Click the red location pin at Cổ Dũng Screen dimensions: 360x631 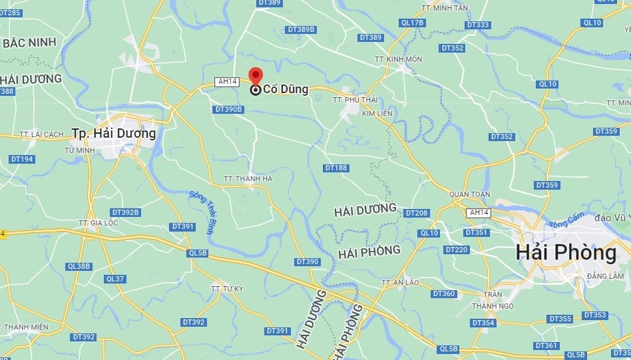click(256, 75)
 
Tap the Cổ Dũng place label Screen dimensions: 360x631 click(286, 89)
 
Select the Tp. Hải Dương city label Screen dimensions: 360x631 click(114, 133)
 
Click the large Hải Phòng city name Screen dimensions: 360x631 click(566, 253)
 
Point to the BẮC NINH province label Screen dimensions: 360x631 click(29, 43)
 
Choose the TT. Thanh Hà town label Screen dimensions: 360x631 click(248, 178)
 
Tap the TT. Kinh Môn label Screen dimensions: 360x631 click(398, 59)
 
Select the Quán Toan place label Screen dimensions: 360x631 click(470, 194)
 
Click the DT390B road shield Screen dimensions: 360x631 click(228, 109)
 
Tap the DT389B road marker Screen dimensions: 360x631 click(301, 30)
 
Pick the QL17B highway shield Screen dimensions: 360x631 click(412, 23)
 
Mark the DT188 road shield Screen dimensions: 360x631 click(336, 168)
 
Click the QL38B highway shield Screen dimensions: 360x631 click(79, 266)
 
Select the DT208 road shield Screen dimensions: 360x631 click(417, 213)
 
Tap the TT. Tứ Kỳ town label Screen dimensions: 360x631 click(227, 289)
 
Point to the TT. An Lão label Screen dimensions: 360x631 click(401, 282)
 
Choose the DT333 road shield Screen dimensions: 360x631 click(479, 25)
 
